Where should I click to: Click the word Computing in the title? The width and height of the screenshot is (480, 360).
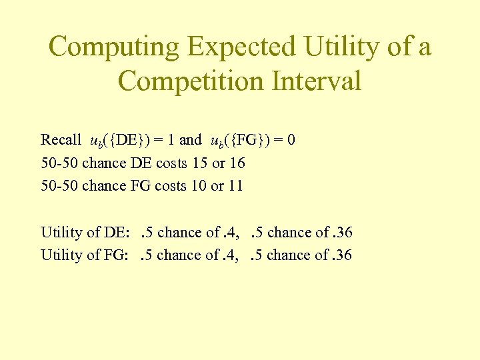(x=114, y=47)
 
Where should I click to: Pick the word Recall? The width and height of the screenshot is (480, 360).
(x=61, y=139)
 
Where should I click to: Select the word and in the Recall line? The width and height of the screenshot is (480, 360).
(x=190, y=139)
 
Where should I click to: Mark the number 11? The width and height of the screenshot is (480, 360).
(x=235, y=185)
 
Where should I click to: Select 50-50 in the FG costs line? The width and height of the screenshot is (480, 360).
(x=59, y=185)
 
